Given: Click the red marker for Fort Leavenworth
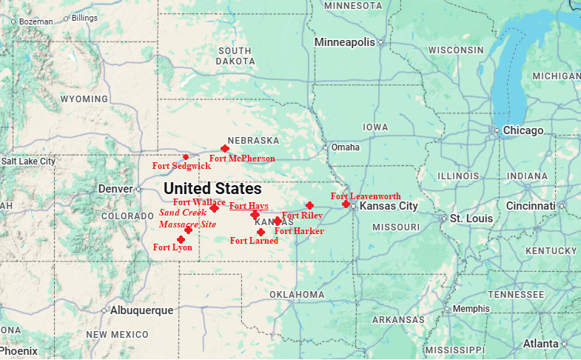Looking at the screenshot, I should pos(346,203).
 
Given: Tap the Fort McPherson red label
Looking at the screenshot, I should pos(242,159).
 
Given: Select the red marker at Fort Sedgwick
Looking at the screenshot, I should pos(186,157).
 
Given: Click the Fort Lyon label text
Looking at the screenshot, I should pos(172,247).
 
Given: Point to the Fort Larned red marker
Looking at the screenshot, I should pos(261,232).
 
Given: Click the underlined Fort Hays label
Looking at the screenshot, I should pos(249,206).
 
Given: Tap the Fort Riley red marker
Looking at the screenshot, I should pos(309,205).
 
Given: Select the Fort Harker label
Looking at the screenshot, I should pos(299,231).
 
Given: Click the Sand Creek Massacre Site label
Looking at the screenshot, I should pos(188,218).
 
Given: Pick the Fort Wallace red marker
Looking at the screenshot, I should pos(214,208).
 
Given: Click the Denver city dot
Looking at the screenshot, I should pos(138,189).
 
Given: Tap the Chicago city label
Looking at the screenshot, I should pos(524,130).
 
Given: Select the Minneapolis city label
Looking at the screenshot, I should pos(344,42).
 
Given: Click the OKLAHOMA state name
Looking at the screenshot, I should pos(296,295).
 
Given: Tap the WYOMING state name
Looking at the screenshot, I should pos(84,99).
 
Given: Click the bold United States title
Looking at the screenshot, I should pos(212,188).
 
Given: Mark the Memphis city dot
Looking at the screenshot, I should pos(447,309).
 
